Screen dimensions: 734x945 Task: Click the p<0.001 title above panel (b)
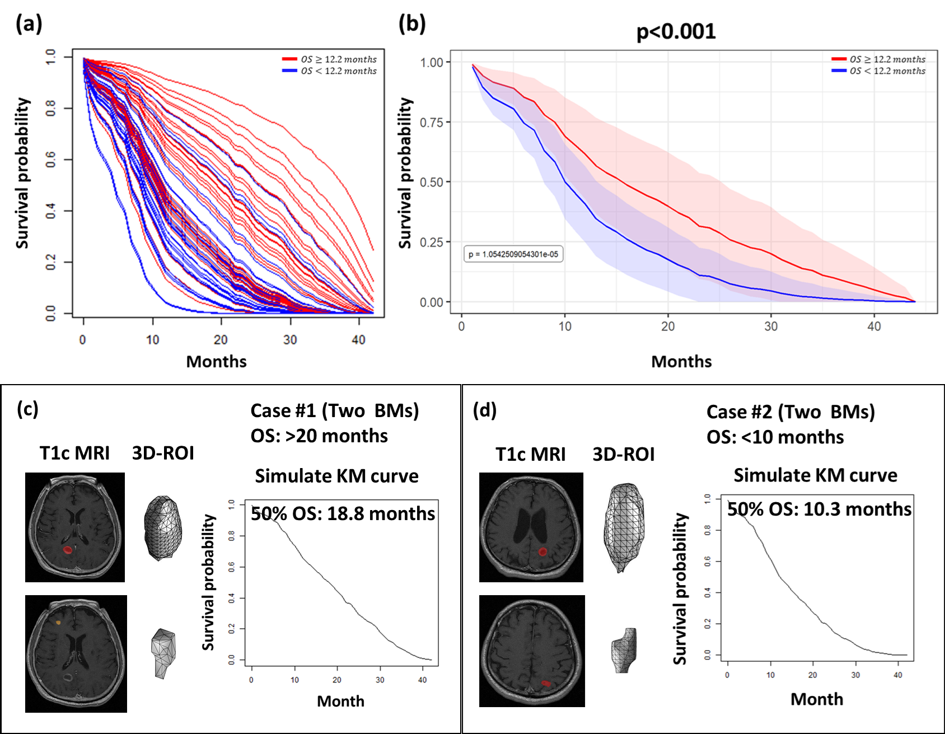[676, 31]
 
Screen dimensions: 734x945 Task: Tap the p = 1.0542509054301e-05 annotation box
[513, 254]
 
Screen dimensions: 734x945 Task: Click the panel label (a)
[29, 24]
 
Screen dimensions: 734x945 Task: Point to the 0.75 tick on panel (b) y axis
[432, 122]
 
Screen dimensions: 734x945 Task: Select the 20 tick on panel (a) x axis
[221, 340]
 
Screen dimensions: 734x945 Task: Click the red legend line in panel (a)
[289, 59]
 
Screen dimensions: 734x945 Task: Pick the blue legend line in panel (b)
[839, 71]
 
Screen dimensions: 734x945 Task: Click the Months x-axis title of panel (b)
[681, 362]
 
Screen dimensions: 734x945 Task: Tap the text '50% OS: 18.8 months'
[343, 513]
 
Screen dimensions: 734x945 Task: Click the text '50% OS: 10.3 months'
[819, 509]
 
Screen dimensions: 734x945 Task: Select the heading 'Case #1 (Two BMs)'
[335, 410]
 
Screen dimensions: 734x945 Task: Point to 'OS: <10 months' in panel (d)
[775, 437]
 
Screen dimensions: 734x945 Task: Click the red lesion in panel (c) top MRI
[67, 550]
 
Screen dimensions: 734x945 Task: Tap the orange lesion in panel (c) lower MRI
[58, 622]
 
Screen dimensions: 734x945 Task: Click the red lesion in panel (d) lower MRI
[546, 684]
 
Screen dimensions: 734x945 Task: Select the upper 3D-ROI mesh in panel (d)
[624, 527]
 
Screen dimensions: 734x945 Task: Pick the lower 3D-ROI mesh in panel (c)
[163, 653]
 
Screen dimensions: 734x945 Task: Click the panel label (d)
[484, 410]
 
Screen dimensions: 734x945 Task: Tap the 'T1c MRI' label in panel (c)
[74, 453]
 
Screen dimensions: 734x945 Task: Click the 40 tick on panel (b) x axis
[874, 326]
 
